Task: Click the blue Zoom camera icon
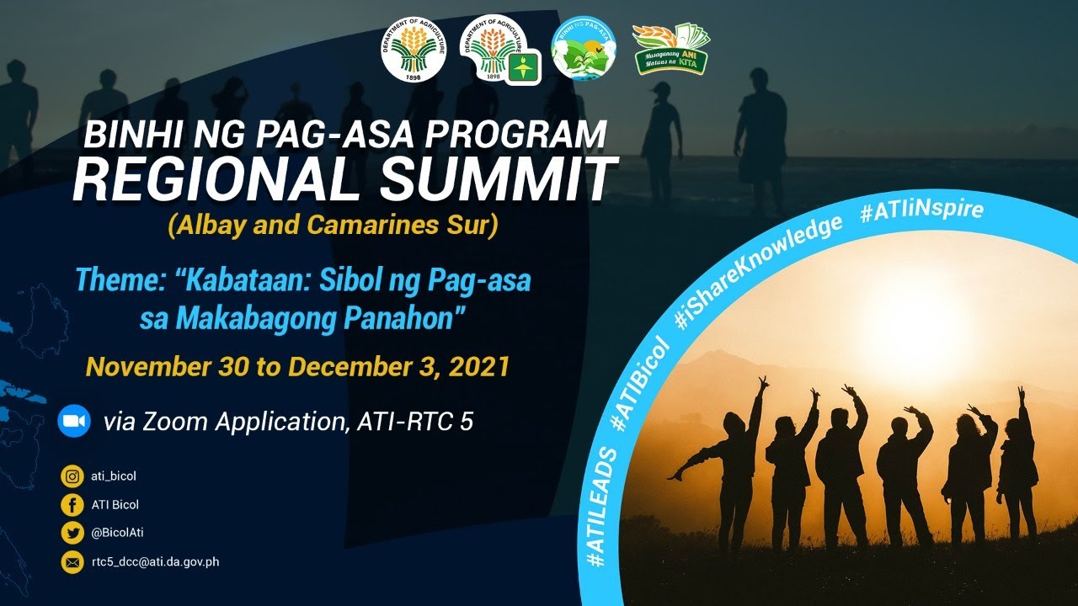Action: (x=74, y=421)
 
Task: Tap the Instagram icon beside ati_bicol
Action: (x=72, y=476)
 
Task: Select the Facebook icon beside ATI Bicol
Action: (x=72, y=505)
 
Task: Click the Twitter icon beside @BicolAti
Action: (x=72, y=533)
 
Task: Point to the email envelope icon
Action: (x=72, y=561)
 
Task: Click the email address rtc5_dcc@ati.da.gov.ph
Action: (x=155, y=561)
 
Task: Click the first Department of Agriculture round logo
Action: (x=414, y=50)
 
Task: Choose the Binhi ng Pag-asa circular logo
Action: (x=582, y=49)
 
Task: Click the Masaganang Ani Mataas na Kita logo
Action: (x=671, y=49)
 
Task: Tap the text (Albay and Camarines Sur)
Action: (x=333, y=226)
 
